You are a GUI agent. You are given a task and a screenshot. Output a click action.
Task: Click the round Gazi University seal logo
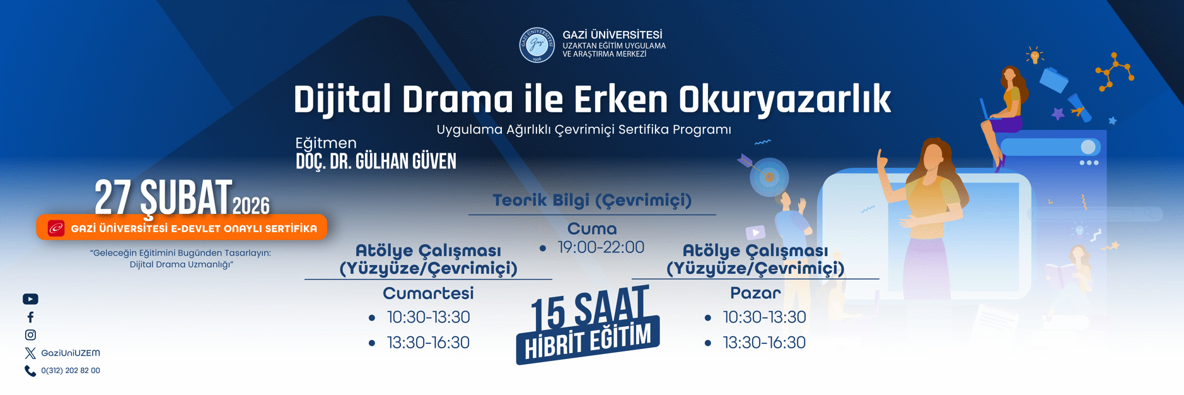537,45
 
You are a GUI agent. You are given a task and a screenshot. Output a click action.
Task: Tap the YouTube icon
30,299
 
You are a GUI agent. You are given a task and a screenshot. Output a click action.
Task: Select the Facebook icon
30,317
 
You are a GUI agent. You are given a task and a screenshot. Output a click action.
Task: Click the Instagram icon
30,335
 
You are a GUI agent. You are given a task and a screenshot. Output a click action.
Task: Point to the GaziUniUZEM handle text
70,353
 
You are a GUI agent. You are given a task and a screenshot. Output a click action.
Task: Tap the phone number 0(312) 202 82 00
70,371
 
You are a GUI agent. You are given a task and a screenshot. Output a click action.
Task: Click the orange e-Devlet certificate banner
182,228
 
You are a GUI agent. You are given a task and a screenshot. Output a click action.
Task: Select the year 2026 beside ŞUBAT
251,206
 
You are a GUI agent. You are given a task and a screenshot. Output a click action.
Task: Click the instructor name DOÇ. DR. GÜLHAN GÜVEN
376,162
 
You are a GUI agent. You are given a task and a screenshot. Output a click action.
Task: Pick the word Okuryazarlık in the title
784,100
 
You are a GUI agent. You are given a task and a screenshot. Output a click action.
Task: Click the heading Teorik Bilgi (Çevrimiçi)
592,201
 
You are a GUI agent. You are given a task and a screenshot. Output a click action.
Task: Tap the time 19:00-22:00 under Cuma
601,247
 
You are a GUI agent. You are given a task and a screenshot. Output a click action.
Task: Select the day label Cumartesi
428,293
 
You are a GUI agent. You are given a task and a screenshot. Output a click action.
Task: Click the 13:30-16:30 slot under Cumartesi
428,343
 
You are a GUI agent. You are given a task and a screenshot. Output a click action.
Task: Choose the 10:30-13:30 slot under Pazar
764,317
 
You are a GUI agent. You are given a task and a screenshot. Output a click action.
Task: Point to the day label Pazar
755,293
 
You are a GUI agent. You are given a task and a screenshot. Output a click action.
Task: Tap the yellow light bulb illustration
1035,56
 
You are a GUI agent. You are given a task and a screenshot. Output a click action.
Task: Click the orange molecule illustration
1115,72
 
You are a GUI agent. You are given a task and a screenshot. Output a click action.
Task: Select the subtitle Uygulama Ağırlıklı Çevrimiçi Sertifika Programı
584,130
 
